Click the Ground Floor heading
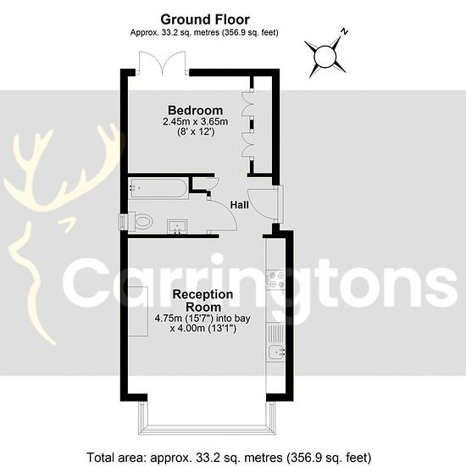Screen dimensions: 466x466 click(x=205, y=19)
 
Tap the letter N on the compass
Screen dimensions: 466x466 click(x=344, y=31)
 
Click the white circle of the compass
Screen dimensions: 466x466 click(x=325, y=56)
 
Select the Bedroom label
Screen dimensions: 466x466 click(x=195, y=110)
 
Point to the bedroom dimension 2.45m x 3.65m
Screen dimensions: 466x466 click(x=195, y=121)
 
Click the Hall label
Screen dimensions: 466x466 click(x=239, y=204)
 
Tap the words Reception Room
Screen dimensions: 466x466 click(x=203, y=301)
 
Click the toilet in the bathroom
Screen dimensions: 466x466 click(x=141, y=221)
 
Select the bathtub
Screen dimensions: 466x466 click(x=158, y=188)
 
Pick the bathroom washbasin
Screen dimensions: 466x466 click(x=177, y=227)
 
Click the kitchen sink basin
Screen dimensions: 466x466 click(x=276, y=352)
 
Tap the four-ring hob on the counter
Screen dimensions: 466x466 click(x=276, y=280)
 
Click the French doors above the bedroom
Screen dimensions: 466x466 click(x=163, y=63)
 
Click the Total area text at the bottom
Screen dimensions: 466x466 click(x=229, y=457)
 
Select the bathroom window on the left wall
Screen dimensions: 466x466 click(x=124, y=221)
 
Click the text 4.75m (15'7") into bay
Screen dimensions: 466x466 click(x=202, y=319)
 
